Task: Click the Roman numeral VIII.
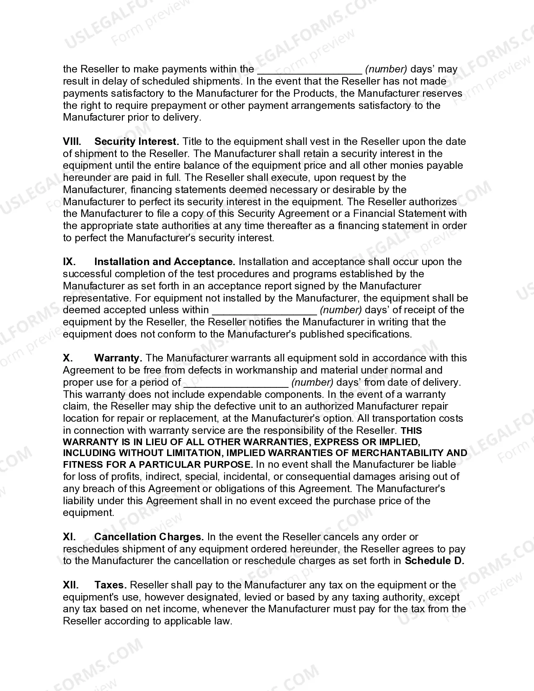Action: tap(72, 142)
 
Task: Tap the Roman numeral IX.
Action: tap(69, 262)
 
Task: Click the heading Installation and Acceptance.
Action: tap(165, 262)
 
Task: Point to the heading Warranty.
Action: tap(118, 358)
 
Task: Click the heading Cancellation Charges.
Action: tap(149, 537)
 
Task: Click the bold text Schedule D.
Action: tap(434, 561)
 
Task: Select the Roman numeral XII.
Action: tap(71, 585)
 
